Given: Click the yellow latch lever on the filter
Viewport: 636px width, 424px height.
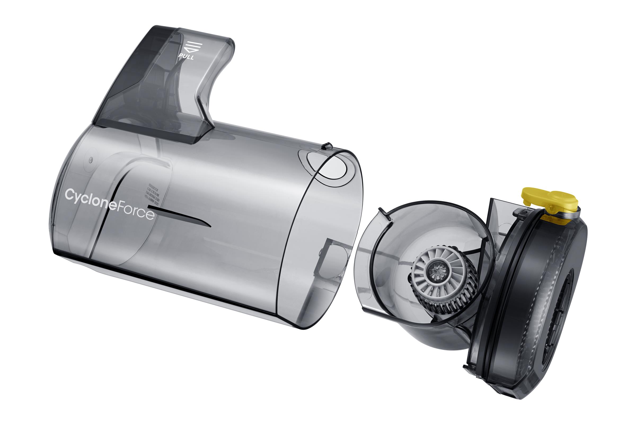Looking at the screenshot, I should [549, 200].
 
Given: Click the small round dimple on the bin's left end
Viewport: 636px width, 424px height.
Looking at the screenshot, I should [91, 160].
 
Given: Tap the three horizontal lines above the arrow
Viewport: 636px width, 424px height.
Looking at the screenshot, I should [193, 44].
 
